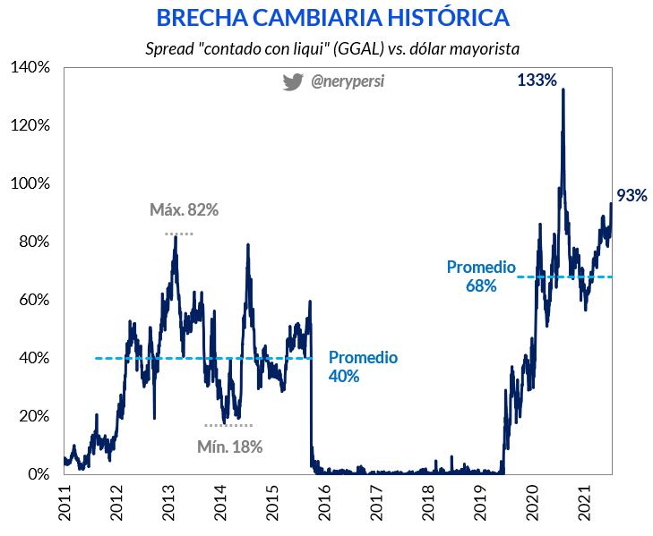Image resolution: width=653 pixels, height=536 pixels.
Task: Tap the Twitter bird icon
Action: [293, 82]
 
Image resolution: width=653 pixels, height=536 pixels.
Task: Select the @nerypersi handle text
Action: [348, 82]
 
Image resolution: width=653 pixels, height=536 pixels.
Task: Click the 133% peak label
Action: [537, 81]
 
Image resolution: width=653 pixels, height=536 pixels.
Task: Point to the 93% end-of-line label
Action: [632, 196]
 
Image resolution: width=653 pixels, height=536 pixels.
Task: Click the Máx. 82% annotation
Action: [184, 210]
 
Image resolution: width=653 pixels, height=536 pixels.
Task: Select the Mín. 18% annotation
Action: [230, 446]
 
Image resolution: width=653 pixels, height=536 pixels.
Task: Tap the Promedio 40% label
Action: [362, 367]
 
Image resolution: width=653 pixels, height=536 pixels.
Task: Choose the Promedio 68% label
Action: [481, 277]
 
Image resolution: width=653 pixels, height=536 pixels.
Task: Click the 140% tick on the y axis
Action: [31, 67]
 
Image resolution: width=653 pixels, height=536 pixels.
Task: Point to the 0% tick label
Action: [39, 474]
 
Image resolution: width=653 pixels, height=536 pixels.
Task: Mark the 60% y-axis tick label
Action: [35, 300]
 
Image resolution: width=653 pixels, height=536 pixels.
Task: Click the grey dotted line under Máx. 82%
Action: [179, 234]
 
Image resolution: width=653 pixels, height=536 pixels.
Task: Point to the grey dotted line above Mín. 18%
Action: [228, 425]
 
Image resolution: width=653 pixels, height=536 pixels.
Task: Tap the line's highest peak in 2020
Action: [563, 90]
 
